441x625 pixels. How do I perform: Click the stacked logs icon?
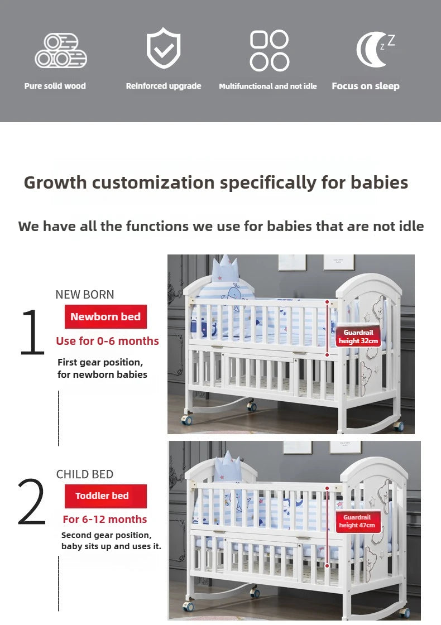pos(60,51)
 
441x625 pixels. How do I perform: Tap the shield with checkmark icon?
pos(163,49)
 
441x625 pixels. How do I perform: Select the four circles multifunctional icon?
pos(269,50)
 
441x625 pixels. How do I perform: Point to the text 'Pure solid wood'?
pos(55,86)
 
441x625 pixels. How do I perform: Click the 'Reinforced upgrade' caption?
pos(163,86)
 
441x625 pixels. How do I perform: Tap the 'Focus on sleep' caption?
pos(365,86)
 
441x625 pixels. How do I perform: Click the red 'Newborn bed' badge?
pos(106,317)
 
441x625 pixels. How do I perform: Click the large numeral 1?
pos(32,333)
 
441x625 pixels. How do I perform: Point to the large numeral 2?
pos(31,502)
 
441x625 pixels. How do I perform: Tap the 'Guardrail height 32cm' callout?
pos(357,336)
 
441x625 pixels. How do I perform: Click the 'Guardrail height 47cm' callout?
pos(357,522)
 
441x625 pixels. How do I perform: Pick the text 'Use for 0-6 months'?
pos(107,341)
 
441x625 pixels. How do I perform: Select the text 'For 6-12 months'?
pos(105,520)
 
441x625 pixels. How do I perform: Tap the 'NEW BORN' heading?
pos(84,295)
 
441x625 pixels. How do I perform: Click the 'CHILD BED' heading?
pos(84,474)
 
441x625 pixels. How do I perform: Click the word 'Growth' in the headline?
pos(56,182)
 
